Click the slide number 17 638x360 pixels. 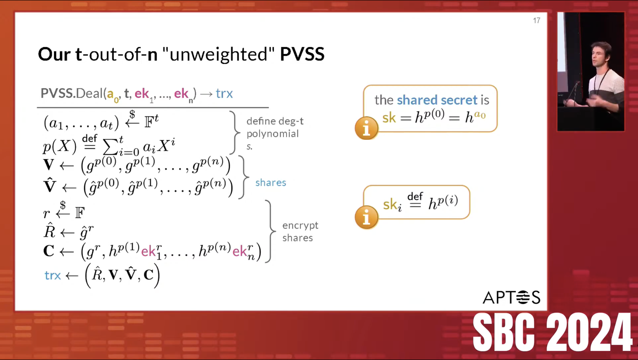click(537, 21)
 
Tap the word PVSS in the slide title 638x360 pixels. click(302, 54)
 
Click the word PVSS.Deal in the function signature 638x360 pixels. click(71, 94)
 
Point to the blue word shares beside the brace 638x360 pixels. click(271, 183)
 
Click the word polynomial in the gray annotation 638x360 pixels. click(273, 134)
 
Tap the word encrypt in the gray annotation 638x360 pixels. click(300, 226)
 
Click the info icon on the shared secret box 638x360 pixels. click(366, 128)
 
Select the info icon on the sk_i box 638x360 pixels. click(366, 217)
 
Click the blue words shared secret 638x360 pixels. click(437, 100)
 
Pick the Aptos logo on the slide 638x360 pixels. click(512, 297)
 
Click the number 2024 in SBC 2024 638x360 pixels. click(589, 332)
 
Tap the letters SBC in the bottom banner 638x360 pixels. click(503, 332)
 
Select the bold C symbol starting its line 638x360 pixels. click(49, 251)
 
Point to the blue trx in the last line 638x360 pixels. click(52, 275)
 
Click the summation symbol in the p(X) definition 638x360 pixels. click(110, 147)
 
